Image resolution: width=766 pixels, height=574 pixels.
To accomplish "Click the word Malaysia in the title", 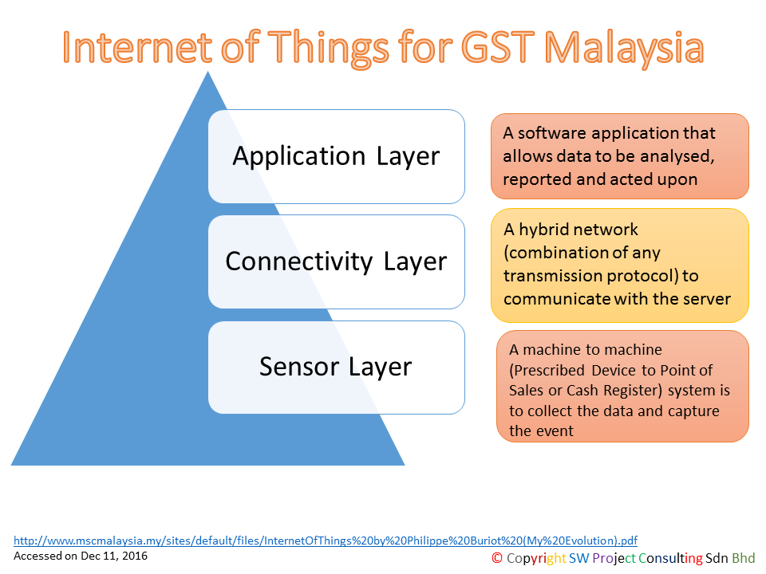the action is tap(624, 48).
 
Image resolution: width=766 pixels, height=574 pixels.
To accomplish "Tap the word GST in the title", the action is tap(498, 47).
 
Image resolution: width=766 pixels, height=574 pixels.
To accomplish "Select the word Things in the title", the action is tap(328, 48).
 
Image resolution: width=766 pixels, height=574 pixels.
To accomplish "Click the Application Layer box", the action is tap(336, 156).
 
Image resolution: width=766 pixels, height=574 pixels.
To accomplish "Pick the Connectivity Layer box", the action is tap(336, 261).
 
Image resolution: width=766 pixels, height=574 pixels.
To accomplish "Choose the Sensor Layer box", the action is tap(336, 367).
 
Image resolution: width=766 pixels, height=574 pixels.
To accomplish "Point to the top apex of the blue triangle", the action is tap(207, 72).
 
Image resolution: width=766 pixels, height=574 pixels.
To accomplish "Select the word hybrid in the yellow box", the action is tap(545, 230).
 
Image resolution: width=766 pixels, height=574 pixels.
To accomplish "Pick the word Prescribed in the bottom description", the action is tap(549, 371).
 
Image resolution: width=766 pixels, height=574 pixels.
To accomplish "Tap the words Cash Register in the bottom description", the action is tap(614, 391).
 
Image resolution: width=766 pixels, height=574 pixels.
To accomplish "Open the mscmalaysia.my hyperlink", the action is tap(326, 541).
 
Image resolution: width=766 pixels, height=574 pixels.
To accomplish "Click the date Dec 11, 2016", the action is tap(114, 556).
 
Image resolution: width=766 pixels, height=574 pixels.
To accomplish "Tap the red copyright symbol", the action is tap(497, 558).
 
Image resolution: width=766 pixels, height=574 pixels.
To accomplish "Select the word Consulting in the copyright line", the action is tap(671, 558).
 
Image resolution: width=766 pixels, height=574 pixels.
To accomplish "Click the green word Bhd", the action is tap(743, 558).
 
